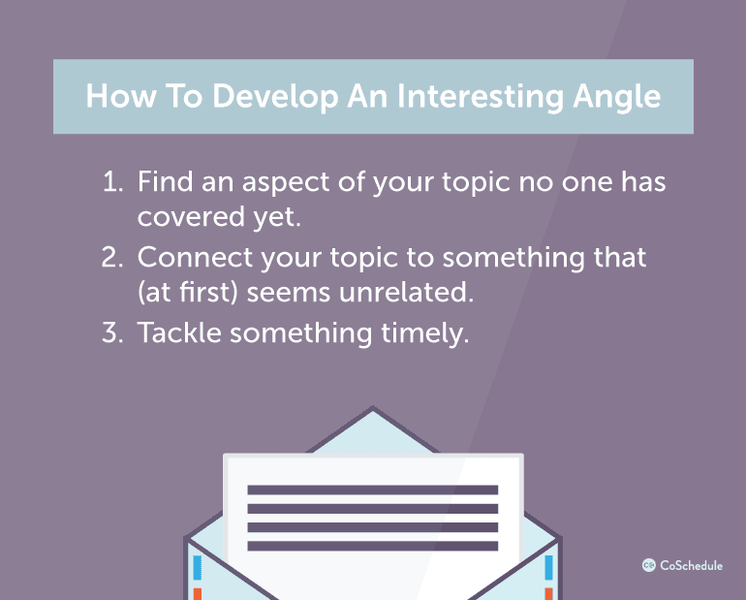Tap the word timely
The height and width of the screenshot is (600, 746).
[422, 333]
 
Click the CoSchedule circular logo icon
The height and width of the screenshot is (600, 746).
[649, 564]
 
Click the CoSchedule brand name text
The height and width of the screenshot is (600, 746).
[692, 564]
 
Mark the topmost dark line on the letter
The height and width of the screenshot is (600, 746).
[372, 490]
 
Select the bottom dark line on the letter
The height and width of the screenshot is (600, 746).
[372, 546]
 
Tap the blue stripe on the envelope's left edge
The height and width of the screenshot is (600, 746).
[196, 567]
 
